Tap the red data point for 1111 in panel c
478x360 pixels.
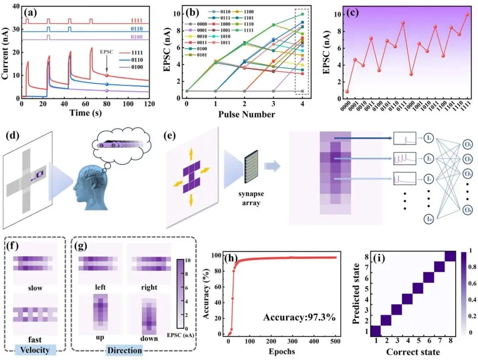coord(467,15)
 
